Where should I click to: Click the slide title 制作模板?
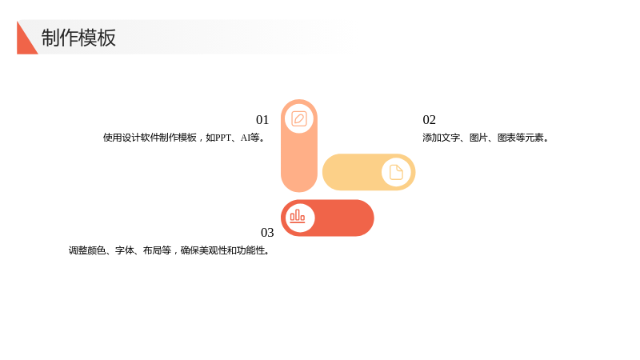tap(78, 38)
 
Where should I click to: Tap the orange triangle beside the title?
tap(25, 42)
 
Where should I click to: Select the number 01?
tap(262, 119)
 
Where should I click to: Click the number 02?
tap(429, 119)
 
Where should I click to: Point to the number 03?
tap(267, 232)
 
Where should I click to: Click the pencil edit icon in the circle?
tap(299, 118)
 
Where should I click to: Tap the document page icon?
tap(396, 172)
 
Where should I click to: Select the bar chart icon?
tap(298, 216)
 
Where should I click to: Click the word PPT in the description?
tap(223, 138)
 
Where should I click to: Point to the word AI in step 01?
tap(245, 138)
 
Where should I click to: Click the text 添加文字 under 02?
tap(442, 138)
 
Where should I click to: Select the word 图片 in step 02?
tap(478, 138)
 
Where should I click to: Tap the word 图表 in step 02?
tap(506, 138)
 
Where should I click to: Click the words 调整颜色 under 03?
tap(87, 250)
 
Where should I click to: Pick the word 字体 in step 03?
tap(124, 250)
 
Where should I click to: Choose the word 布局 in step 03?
tap(152, 250)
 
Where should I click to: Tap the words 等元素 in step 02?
tap(530, 138)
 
